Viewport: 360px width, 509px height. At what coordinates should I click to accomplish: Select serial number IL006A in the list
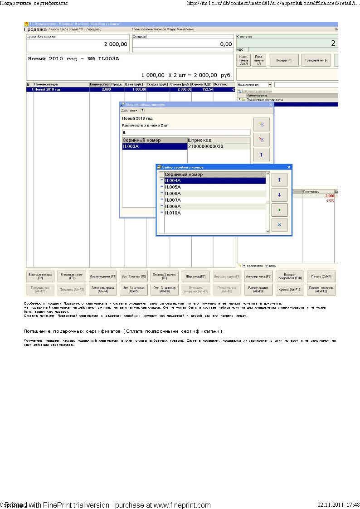click(x=173, y=194)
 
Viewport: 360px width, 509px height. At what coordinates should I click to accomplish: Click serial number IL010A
click(x=173, y=213)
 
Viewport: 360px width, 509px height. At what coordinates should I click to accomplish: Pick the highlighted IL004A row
click(x=173, y=181)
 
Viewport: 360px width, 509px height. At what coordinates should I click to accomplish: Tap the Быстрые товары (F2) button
click(x=40, y=276)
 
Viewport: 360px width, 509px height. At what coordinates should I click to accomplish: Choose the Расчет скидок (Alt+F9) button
click(x=258, y=290)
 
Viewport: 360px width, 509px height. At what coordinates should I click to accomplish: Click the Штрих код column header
click(x=199, y=140)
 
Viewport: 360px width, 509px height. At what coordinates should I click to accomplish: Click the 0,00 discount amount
click(x=226, y=44)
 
